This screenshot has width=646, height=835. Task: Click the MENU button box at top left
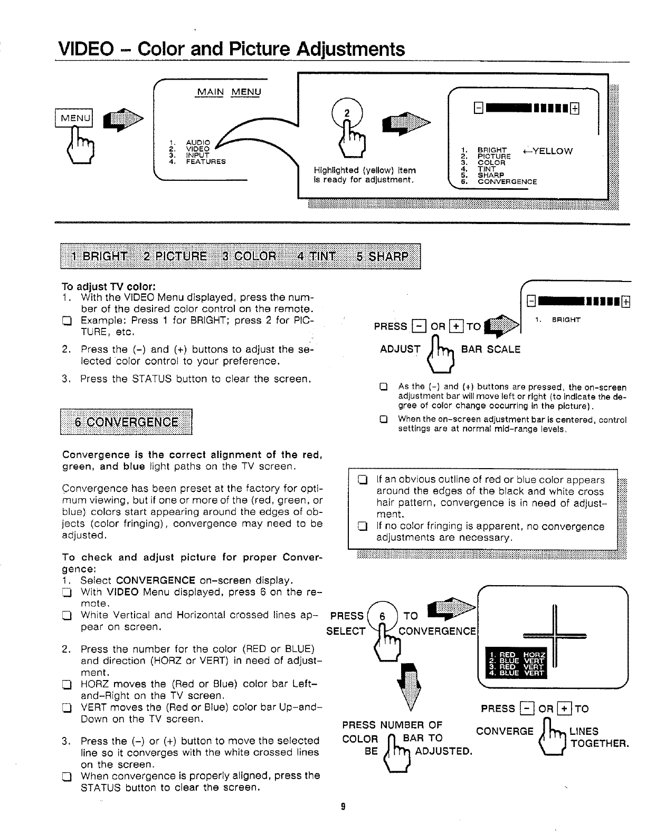[x=74, y=118]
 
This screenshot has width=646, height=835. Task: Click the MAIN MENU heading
[x=229, y=92]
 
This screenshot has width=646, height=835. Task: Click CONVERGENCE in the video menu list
[x=507, y=182]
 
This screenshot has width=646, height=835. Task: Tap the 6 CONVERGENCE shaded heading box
[x=126, y=422]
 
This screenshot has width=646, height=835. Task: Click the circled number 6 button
[x=383, y=616]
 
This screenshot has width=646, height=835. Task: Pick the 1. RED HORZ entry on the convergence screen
[x=516, y=655]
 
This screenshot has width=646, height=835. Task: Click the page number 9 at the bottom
[x=343, y=806]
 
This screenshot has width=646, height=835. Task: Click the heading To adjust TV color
[x=108, y=287]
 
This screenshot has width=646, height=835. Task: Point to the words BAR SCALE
[x=491, y=349]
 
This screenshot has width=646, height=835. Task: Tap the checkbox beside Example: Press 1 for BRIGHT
[x=66, y=321]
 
